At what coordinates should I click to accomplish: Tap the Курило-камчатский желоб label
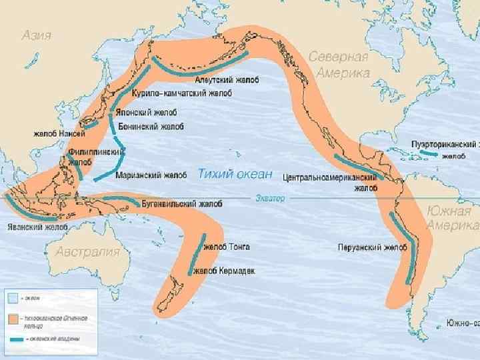(181, 94)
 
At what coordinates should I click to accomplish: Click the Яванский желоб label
(37, 227)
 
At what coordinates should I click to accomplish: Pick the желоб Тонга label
(227, 247)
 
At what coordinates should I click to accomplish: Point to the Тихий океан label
(235, 174)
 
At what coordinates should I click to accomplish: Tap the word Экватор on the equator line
(270, 198)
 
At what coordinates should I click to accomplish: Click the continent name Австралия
(87, 251)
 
